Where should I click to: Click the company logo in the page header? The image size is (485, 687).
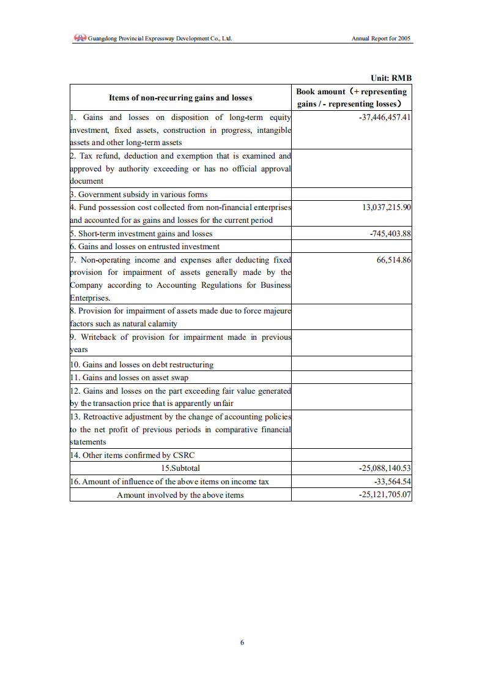pyautogui.click(x=80, y=38)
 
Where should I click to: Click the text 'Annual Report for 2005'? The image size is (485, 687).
pyautogui.click(x=381, y=39)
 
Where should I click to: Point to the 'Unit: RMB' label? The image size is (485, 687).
pyautogui.click(x=391, y=78)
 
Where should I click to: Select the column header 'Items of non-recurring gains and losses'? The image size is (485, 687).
pyautogui.click(x=180, y=97)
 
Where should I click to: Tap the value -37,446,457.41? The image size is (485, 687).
pyautogui.click(x=384, y=117)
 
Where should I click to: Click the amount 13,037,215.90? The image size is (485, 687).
pyautogui.click(x=387, y=207)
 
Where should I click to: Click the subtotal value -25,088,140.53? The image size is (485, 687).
pyautogui.click(x=384, y=468)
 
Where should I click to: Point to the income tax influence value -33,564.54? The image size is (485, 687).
pyautogui.click(x=392, y=481)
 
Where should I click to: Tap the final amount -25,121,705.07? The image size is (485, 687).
pyautogui.click(x=384, y=495)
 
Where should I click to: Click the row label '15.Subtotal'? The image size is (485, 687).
pyautogui.click(x=180, y=468)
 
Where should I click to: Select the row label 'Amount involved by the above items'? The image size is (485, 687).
pyautogui.click(x=180, y=495)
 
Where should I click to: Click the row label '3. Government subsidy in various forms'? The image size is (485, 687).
pyautogui.click(x=139, y=195)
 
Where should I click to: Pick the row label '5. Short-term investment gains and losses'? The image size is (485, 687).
pyautogui.click(x=141, y=233)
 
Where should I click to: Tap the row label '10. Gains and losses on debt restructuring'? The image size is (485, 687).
pyautogui.click(x=142, y=364)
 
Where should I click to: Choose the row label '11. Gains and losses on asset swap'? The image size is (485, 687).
pyautogui.click(x=129, y=377)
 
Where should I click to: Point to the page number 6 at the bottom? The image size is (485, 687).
pyautogui.click(x=242, y=642)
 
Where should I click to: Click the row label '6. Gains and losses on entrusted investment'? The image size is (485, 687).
pyautogui.click(x=145, y=246)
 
